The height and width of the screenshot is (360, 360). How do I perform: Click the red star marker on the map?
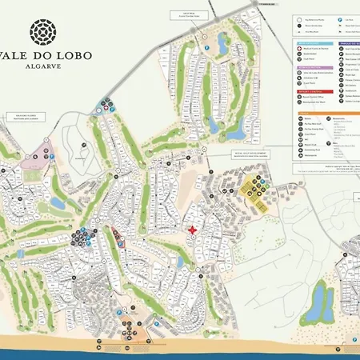192,230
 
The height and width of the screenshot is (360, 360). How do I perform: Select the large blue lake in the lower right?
320,301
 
